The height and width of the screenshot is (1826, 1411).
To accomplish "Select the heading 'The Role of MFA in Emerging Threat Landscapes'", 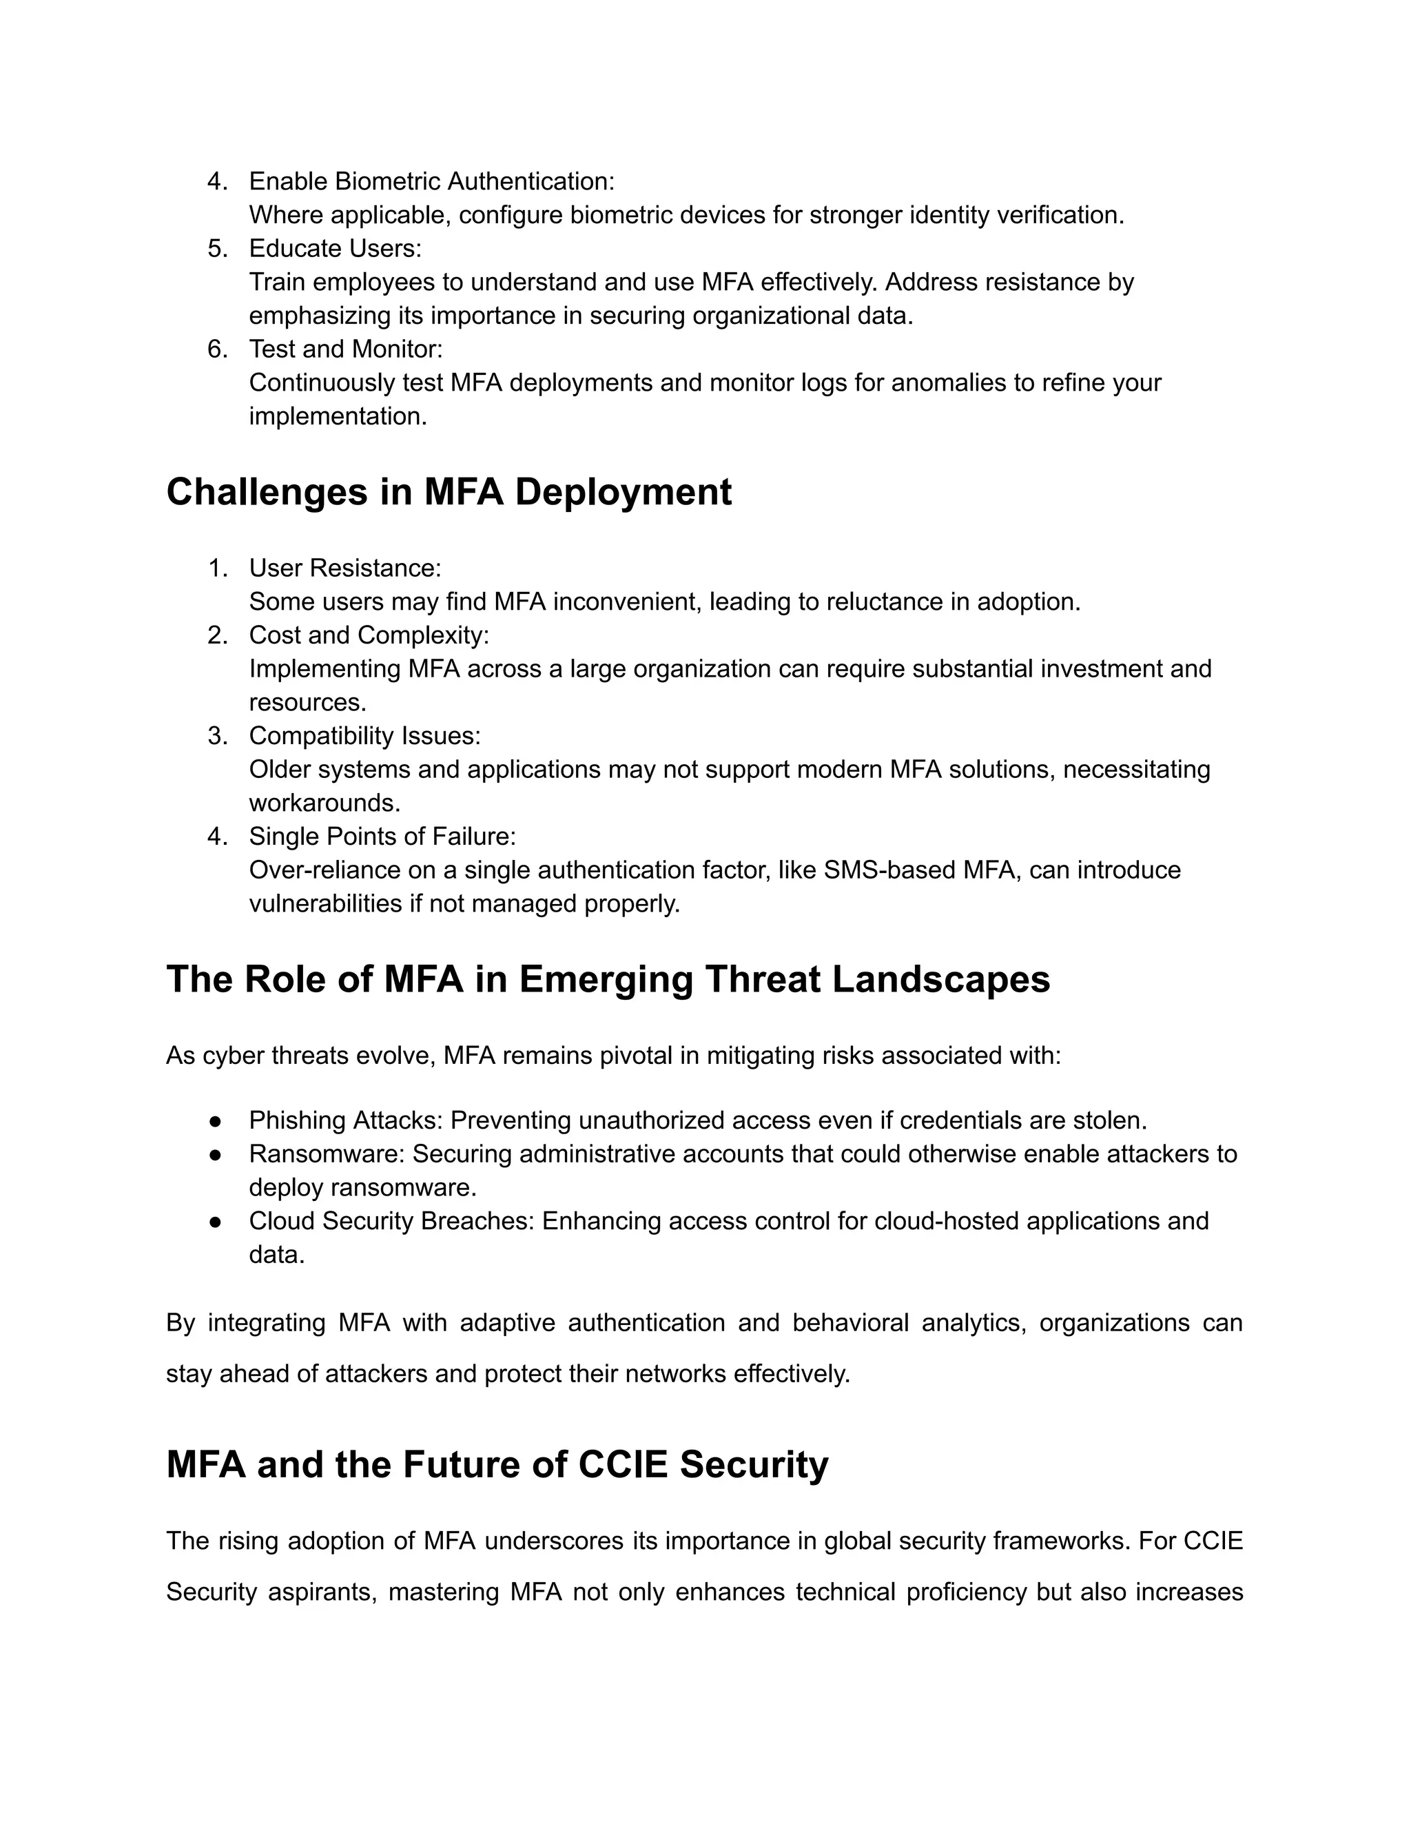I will pyautogui.click(x=608, y=979).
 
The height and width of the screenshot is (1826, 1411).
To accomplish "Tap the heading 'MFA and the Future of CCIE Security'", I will pyautogui.click(x=497, y=1465).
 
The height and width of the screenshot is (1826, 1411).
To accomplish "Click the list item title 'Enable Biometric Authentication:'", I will pyautogui.click(x=431, y=181).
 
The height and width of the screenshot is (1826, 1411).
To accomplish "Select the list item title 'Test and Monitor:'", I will pyautogui.click(x=345, y=349).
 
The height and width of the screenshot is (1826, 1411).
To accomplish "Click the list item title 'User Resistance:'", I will pyautogui.click(x=344, y=568).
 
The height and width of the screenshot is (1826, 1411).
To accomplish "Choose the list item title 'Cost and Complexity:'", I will pyautogui.click(x=369, y=635).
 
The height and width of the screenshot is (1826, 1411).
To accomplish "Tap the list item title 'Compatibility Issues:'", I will pyautogui.click(x=364, y=736).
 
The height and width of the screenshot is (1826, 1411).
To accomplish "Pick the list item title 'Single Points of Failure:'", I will pyautogui.click(x=382, y=836).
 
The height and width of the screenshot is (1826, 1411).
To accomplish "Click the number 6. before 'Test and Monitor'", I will pyautogui.click(x=217, y=349).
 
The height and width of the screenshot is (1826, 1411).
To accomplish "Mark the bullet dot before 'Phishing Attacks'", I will pyautogui.click(x=216, y=1121).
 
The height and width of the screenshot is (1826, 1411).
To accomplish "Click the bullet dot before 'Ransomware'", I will pyautogui.click(x=216, y=1155).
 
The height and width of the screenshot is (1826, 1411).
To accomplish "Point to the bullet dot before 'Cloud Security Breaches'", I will pyautogui.click(x=216, y=1222).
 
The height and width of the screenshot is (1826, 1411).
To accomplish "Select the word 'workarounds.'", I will pyautogui.click(x=325, y=803).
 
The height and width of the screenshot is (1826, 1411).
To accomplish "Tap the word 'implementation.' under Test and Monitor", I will pyautogui.click(x=338, y=416).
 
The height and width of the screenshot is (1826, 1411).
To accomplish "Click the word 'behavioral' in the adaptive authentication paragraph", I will pyautogui.click(x=850, y=1324).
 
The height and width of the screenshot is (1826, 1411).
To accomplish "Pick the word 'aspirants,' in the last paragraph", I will pyautogui.click(x=322, y=1592).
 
